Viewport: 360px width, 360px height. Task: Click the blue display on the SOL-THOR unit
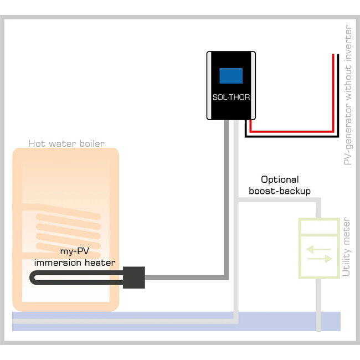tap(231, 75)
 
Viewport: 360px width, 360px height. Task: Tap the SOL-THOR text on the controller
tap(231, 96)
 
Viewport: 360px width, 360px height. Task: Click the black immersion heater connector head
tap(134, 276)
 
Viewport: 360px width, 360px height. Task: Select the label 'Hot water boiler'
tap(66, 144)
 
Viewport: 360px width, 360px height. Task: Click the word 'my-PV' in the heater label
tap(75, 252)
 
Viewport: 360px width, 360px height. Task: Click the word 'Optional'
tap(280, 179)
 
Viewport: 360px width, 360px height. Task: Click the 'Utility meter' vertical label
tap(346, 246)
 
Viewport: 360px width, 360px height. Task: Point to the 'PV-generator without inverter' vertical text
tap(348, 94)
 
